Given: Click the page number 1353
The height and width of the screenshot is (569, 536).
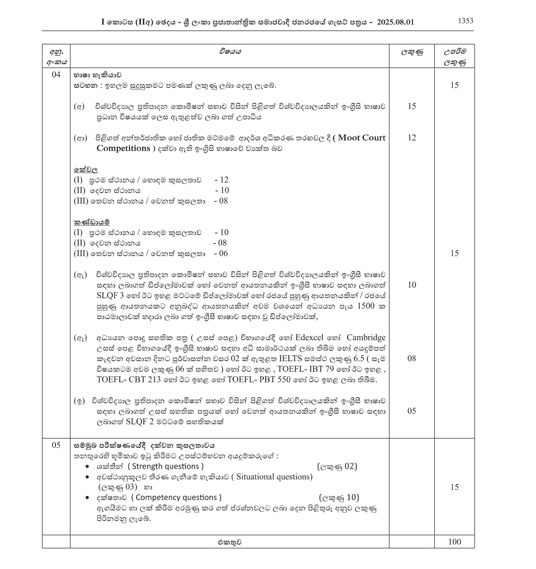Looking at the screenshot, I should coord(465,21).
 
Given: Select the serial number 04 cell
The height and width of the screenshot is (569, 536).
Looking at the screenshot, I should coord(56,75).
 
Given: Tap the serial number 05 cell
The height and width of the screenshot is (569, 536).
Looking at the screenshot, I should coord(56,445).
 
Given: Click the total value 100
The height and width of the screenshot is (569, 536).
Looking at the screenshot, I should coord(454,542).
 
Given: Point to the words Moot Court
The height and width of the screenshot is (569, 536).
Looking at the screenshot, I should coord(362,138).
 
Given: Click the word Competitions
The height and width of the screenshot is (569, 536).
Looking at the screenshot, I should coord(123,148).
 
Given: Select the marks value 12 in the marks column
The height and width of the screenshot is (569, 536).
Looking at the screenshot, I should coord(412,138).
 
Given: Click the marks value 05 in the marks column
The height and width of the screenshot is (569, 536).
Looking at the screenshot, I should coord(412,411).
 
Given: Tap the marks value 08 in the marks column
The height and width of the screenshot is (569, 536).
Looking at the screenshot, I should coord(412,358).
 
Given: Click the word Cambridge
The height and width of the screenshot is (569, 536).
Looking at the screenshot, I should coord(366,338).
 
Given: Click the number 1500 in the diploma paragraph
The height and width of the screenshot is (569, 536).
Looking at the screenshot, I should coord(365,306).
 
